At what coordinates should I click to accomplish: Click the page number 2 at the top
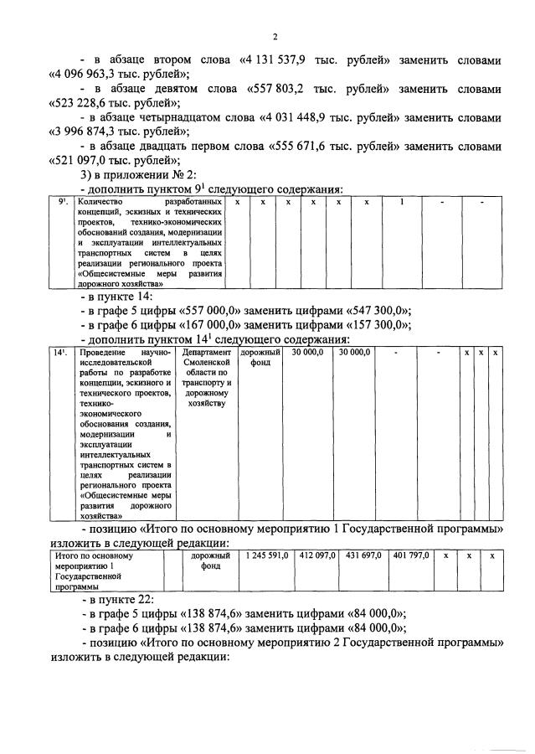(x=274, y=36)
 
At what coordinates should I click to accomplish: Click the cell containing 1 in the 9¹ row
(x=401, y=203)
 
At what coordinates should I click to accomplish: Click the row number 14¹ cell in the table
(x=60, y=353)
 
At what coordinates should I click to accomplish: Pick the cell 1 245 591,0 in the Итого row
(x=266, y=555)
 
